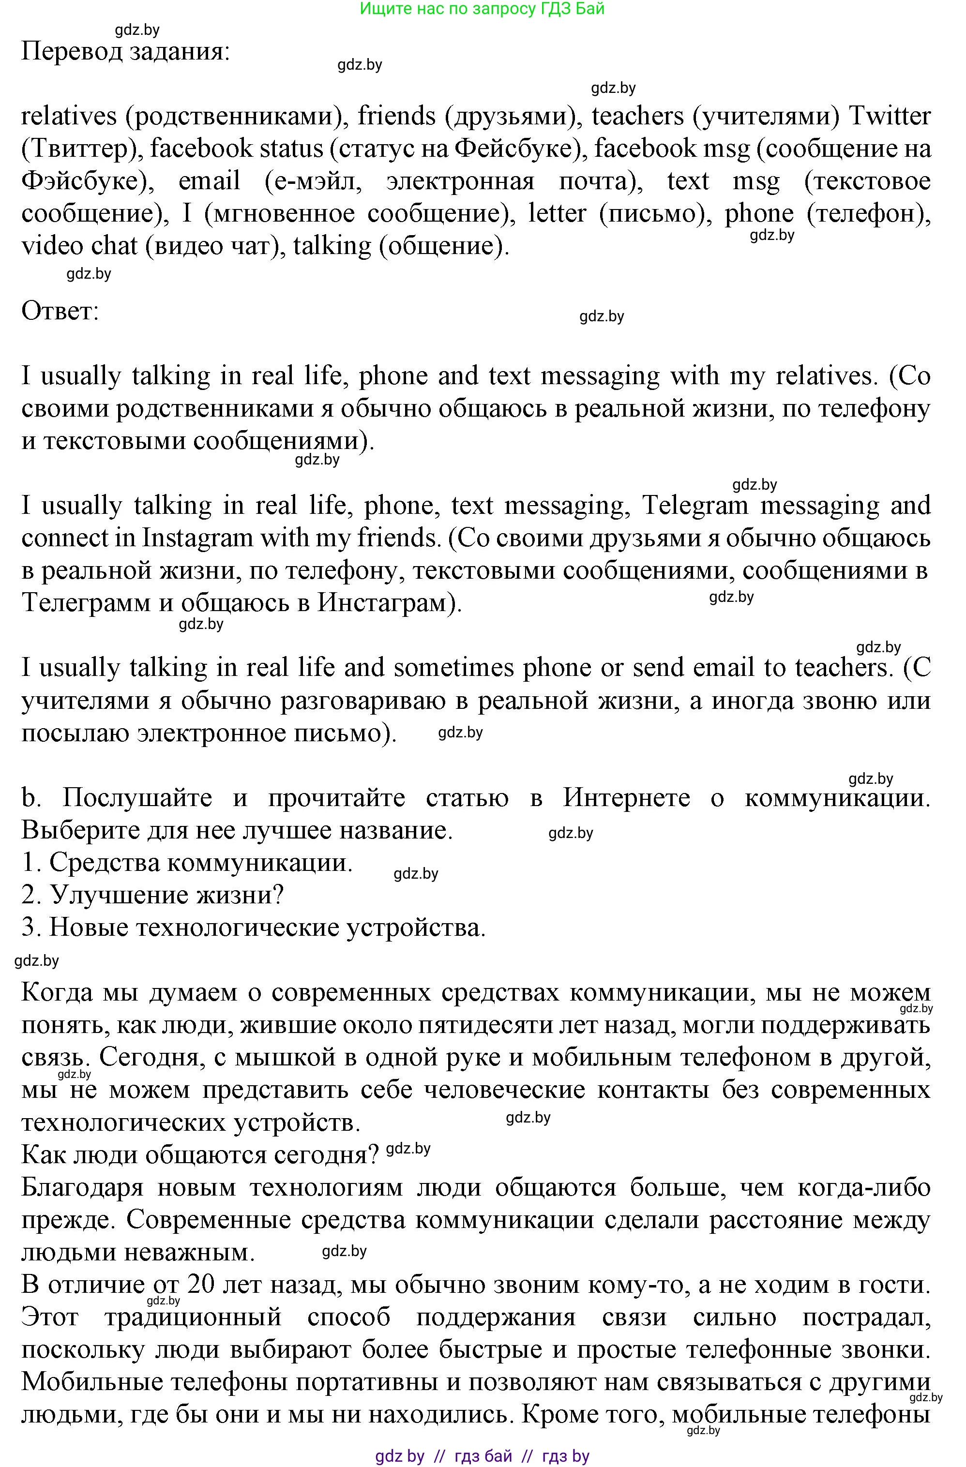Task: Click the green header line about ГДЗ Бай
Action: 482,9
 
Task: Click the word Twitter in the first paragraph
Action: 890,117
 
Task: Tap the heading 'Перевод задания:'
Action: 126,52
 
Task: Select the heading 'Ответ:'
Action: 60,311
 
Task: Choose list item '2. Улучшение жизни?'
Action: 152,895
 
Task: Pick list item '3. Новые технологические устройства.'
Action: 254,928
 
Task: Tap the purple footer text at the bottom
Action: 482,1456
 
